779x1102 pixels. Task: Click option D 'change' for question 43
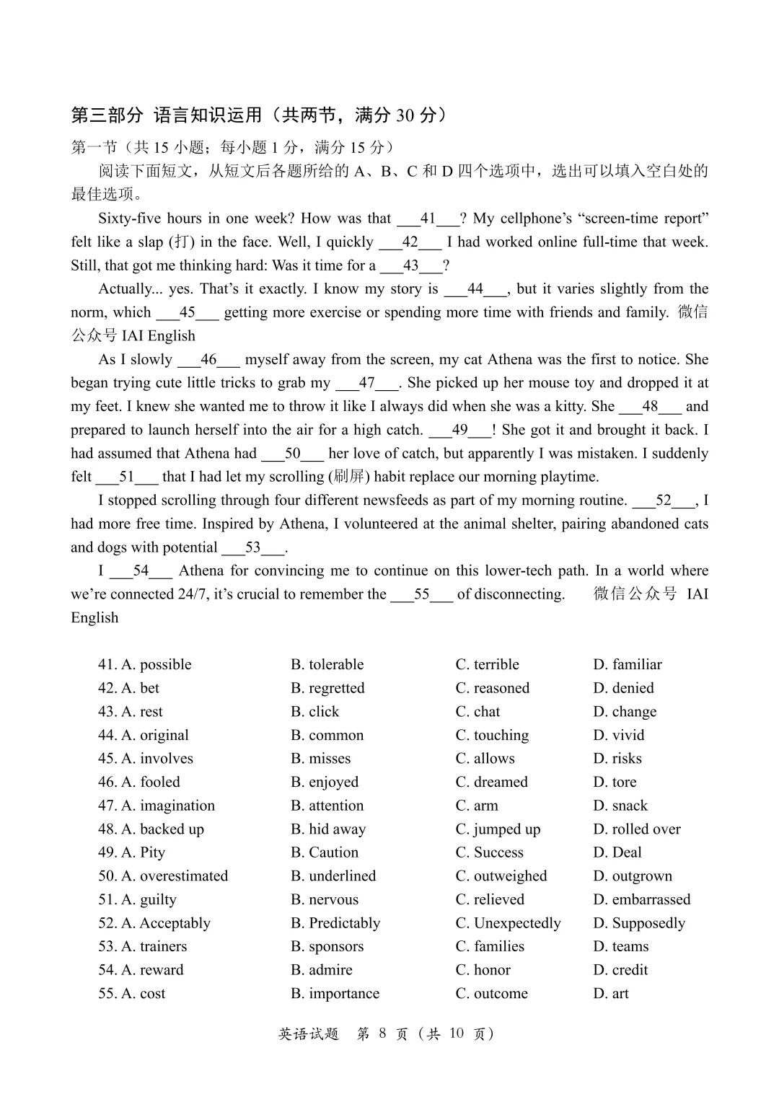[625, 712]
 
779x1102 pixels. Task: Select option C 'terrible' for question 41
[487, 664]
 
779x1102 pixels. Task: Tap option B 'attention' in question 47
[327, 806]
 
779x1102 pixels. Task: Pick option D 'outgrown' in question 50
[633, 876]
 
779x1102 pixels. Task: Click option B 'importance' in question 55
[335, 994]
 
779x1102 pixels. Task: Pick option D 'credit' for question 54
[620, 970]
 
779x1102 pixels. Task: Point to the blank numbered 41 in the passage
[428, 219]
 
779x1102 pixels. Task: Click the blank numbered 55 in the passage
[421, 594]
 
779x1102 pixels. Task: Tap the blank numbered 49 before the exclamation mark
[459, 430]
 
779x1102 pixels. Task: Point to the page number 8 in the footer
[382, 1033]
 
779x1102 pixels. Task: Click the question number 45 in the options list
[107, 759]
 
